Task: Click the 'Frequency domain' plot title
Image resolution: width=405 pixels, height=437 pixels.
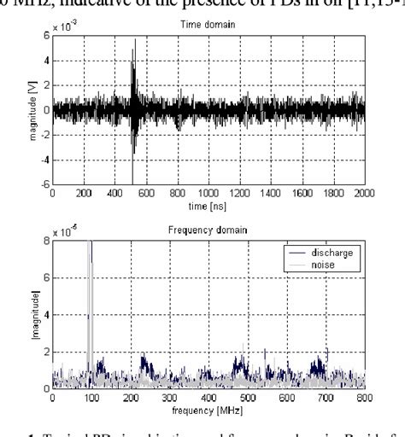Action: pyautogui.click(x=208, y=230)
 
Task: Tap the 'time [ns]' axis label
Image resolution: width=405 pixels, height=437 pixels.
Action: pyautogui.click(x=208, y=206)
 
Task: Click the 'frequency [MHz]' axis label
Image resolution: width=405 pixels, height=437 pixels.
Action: pyautogui.click(x=208, y=410)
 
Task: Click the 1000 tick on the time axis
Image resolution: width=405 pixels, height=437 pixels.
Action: pyautogui.click(x=209, y=193)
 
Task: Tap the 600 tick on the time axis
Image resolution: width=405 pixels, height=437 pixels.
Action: pyautogui.click(x=147, y=193)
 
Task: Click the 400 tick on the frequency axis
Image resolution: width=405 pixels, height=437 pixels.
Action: pyautogui.click(x=209, y=397)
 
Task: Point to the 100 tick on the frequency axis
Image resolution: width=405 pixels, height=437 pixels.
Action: pyautogui.click(x=92, y=397)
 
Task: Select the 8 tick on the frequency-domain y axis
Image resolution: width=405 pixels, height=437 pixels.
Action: pyautogui.click(x=46, y=242)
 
